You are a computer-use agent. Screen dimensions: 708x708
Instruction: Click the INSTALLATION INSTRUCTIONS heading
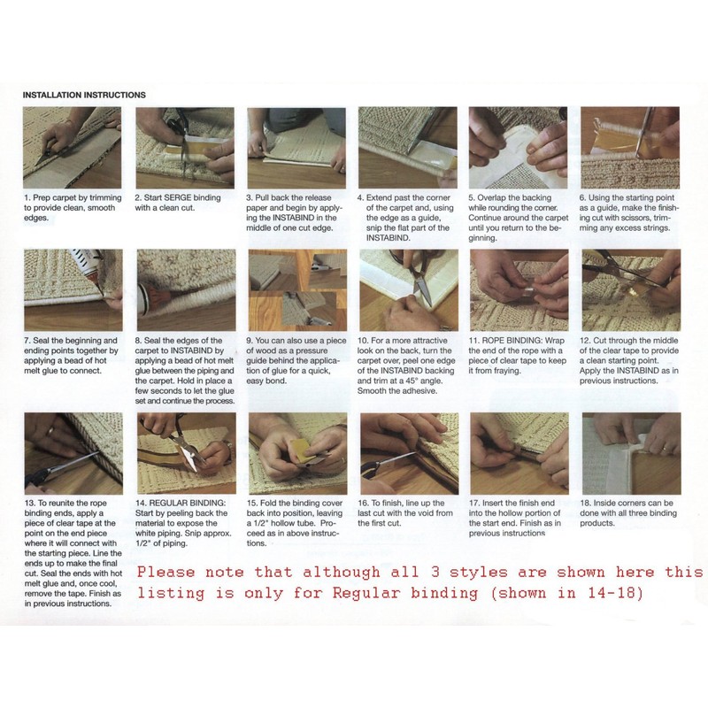pyautogui.click(x=84, y=95)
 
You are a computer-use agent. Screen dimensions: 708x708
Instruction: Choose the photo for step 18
pyautogui.click(x=630, y=453)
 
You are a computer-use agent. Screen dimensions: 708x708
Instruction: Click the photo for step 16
pyautogui.click(x=407, y=453)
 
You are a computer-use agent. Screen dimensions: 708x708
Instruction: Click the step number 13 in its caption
pyautogui.click(x=28, y=503)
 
